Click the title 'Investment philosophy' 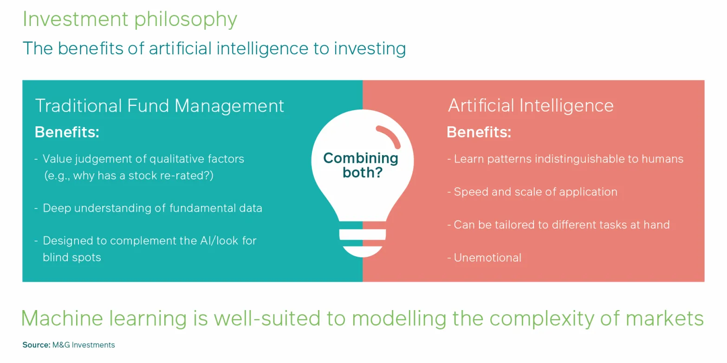click(130, 19)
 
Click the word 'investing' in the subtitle click(370, 49)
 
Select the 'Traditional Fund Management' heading click(159, 106)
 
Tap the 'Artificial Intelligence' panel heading click(531, 106)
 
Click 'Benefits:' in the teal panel click(67, 132)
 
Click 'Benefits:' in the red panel click(479, 132)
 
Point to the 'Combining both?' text click(361, 165)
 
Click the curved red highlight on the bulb click(389, 136)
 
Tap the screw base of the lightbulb click(363, 239)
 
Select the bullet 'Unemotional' click(485, 258)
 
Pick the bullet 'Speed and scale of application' click(532, 192)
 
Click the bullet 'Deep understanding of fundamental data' click(148, 208)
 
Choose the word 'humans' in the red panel click(662, 159)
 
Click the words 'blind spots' click(72, 258)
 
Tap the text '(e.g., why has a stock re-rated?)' click(129, 175)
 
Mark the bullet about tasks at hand click(558, 225)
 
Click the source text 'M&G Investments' click(84, 345)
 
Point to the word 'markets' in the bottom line click(665, 318)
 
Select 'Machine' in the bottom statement click(62, 318)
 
